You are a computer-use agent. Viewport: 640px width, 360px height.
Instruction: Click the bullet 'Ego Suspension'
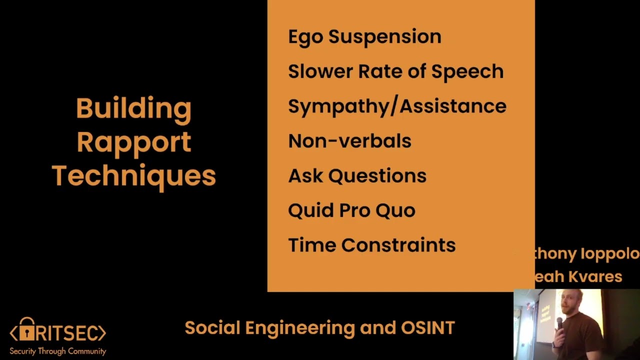(364, 37)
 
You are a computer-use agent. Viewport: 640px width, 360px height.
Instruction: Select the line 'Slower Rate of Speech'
(395, 71)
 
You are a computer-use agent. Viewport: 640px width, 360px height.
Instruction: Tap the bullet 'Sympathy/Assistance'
(397, 106)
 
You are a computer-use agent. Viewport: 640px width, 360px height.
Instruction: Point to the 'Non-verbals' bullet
(349, 141)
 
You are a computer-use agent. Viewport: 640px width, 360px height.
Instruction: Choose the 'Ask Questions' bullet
(357, 176)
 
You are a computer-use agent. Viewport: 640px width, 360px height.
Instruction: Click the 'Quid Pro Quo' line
(351, 210)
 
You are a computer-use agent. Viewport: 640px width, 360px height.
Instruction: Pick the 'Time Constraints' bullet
(371, 245)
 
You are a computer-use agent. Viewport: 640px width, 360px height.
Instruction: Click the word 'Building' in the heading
(133, 108)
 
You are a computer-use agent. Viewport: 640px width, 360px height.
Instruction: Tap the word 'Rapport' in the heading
(133, 142)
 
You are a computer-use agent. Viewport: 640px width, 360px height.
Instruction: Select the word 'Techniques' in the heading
(133, 176)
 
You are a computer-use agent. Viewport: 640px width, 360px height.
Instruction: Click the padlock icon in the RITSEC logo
(27, 330)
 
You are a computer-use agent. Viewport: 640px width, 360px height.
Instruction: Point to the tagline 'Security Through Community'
(58, 351)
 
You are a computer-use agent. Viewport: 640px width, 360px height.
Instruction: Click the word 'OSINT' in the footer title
(428, 328)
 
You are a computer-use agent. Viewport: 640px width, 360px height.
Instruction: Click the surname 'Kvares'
(598, 276)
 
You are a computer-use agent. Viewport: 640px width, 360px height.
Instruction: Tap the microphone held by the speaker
(560, 324)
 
